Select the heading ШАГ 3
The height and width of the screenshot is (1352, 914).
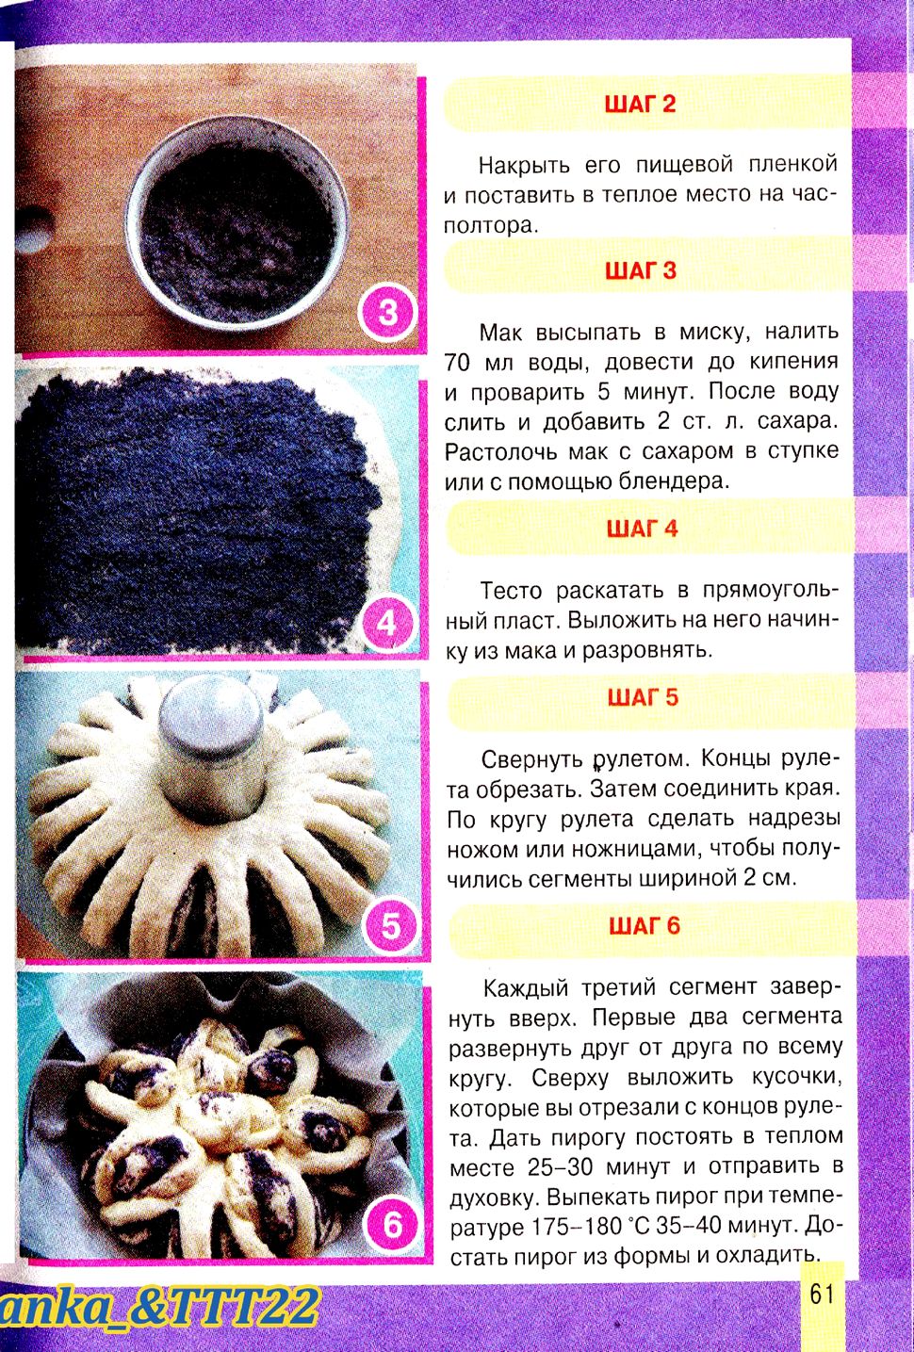[x=641, y=270]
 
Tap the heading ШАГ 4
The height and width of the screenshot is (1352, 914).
[x=642, y=529]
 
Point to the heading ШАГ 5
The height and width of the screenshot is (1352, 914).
[x=643, y=697]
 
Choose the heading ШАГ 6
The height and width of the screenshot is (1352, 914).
[x=645, y=925]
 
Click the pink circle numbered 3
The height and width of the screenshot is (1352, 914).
[x=387, y=313]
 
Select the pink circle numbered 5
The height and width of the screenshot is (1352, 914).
[x=391, y=924]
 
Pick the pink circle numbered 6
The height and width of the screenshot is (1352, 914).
[x=392, y=1226]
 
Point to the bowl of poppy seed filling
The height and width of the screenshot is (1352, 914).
[x=237, y=221]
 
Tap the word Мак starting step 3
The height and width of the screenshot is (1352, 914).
[x=499, y=332]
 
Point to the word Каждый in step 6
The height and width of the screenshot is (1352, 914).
[x=526, y=988]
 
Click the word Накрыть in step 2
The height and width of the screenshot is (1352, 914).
[x=524, y=165]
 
